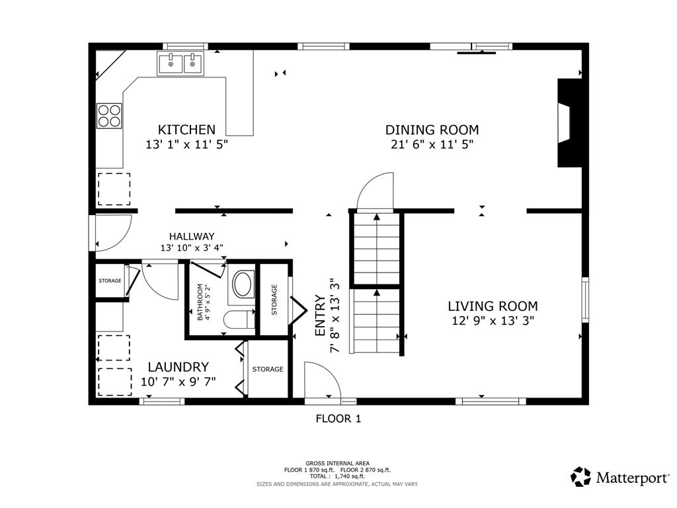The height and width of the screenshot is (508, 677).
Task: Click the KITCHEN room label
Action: tap(186, 130)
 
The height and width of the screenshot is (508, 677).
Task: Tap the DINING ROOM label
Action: tap(432, 130)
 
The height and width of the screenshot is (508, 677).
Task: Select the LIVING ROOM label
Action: tap(493, 306)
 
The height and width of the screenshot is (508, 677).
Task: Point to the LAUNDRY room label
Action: tap(178, 367)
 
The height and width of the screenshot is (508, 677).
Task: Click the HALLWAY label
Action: tap(191, 236)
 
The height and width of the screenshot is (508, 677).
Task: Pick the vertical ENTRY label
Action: tap(320, 316)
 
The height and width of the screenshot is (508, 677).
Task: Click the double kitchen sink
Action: tap(180, 64)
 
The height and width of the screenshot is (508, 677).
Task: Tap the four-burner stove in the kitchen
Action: tap(110, 116)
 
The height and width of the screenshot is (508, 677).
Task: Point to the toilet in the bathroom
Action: tap(239, 320)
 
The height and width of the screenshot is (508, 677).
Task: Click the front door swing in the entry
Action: tap(322, 382)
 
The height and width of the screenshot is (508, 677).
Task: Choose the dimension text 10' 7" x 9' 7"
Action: tap(179, 382)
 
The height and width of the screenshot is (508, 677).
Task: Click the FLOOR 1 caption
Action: tap(338, 418)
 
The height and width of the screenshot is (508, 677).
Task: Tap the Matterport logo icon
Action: tap(580, 477)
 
